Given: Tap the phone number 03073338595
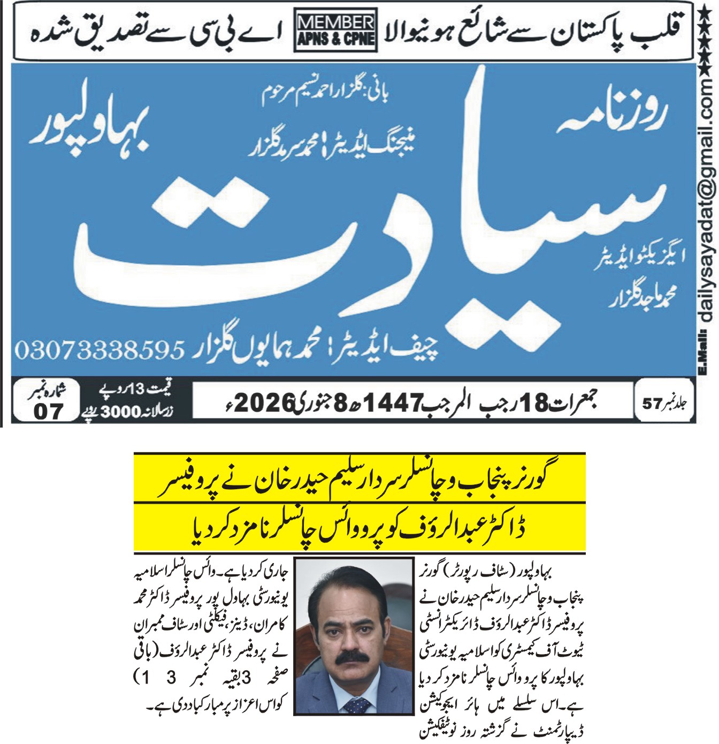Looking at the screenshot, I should (x=100, y=351).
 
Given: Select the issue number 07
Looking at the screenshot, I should (x=48, y=412).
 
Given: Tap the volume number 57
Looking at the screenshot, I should (x=652, y=403).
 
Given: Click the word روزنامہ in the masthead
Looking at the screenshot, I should (x=613, y=115).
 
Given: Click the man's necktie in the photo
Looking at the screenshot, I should (x=356, y=704).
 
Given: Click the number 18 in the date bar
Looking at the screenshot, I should (x=533, y=403).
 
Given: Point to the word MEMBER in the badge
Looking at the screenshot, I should (x=336, y=22).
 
